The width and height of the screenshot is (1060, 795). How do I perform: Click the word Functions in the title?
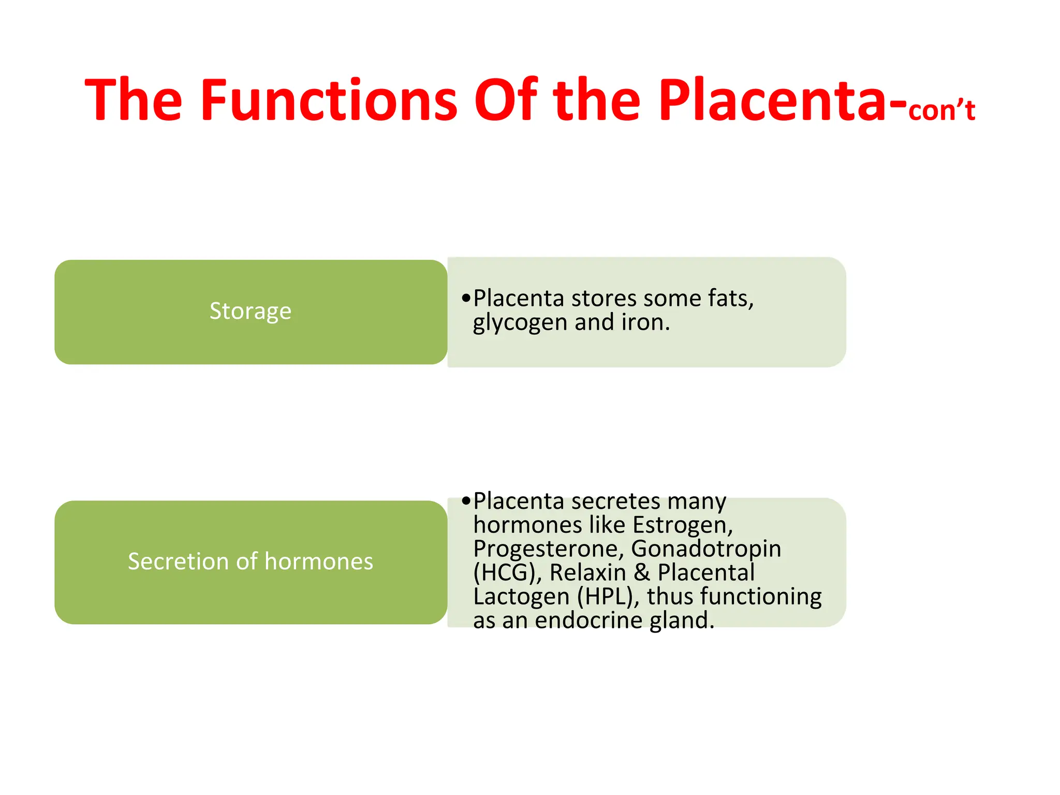(x=329, y=99)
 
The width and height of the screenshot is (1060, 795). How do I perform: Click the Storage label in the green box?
(x=251, y=311)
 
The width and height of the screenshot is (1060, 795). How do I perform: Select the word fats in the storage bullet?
(x=730, y=299)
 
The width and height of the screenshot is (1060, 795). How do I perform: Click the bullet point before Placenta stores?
(x=466, y=298)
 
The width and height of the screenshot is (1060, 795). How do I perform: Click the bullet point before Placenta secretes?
(x=466, y=501)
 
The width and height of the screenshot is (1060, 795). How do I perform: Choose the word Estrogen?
(x=682, y=525)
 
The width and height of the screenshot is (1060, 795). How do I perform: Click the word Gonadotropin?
(x=706, y=549)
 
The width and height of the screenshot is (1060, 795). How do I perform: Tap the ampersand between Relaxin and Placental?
(x=642, y=573)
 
